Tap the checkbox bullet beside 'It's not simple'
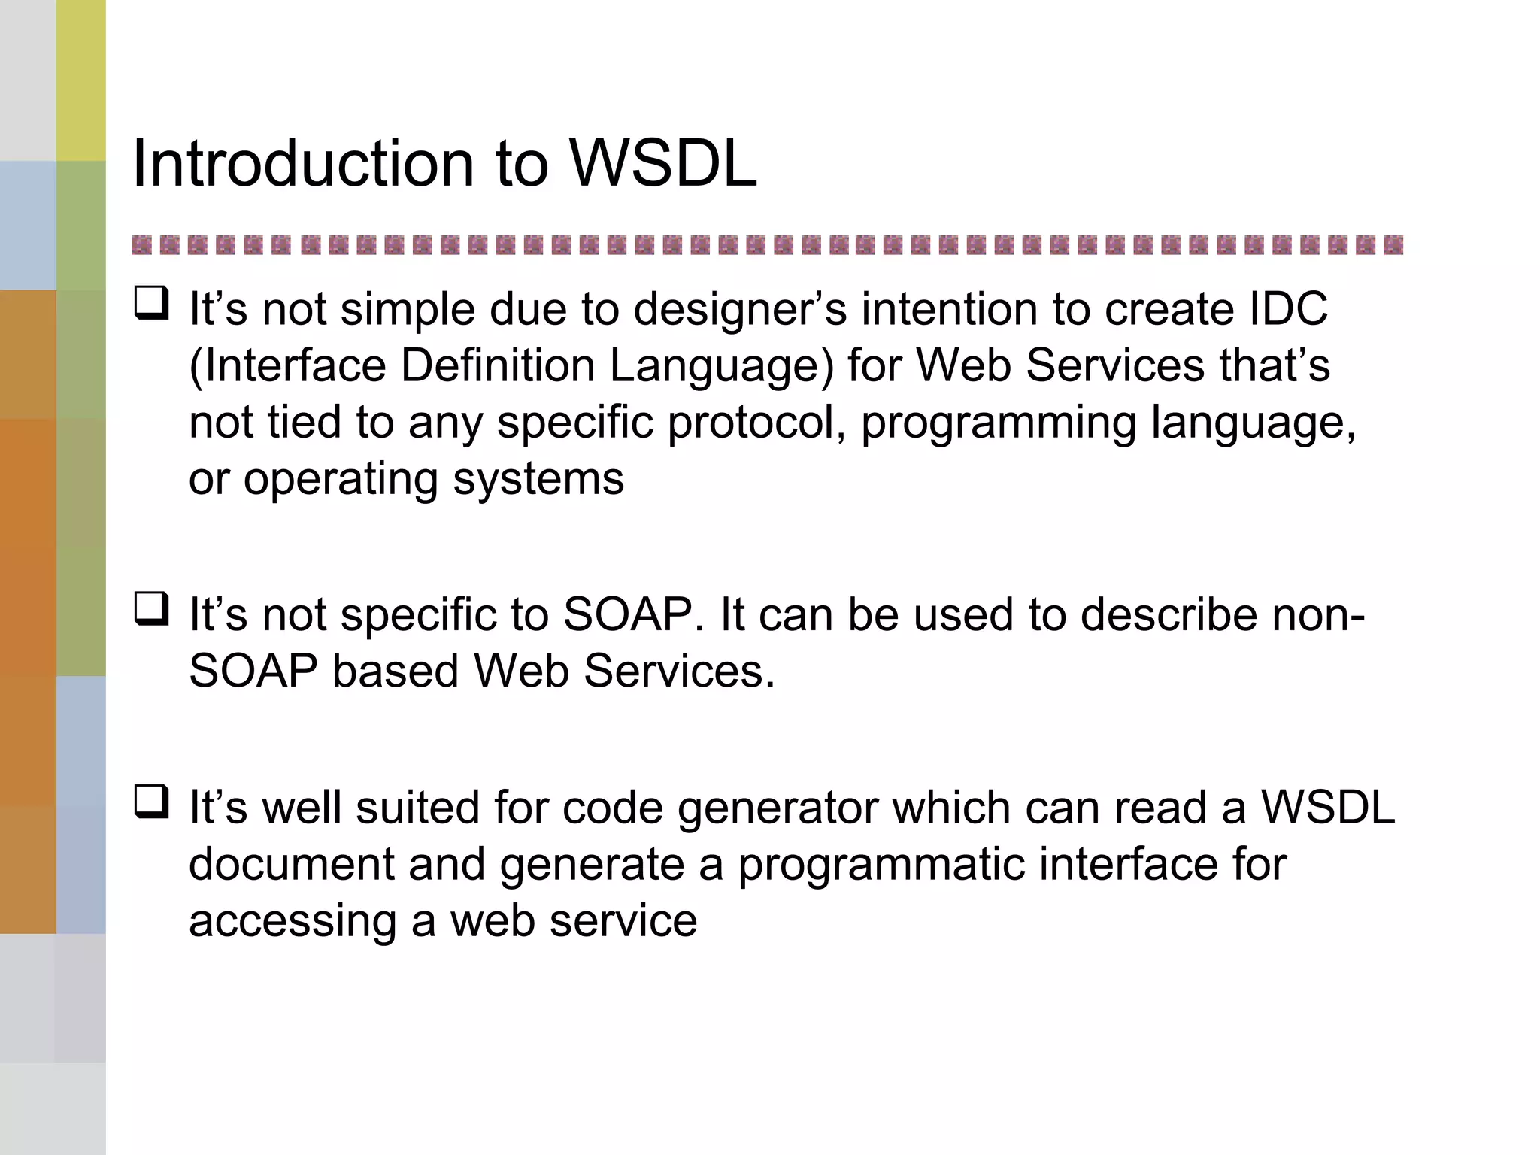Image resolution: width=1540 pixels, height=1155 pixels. (151, 303)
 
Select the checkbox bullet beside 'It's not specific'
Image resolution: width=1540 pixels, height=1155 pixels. (151, 609)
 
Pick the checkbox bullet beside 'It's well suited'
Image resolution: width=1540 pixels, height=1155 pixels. (151, 802)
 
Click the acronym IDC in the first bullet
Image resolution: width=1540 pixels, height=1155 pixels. (1287, 309)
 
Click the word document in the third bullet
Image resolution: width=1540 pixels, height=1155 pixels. (292, 864)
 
